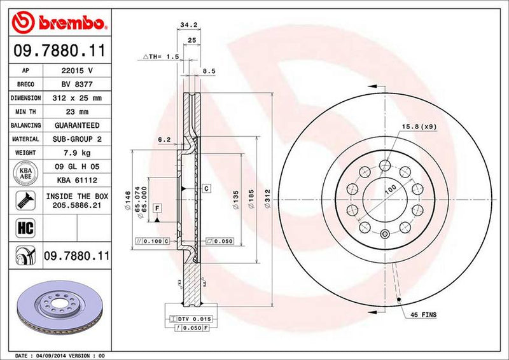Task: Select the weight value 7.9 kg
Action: click(x=77, y=153)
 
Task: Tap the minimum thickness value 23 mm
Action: click(x=77, y=112)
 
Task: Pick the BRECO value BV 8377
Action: click(x=77, y=85)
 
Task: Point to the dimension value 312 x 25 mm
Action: click(x=77, y=99)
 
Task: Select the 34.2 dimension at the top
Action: click(x=186, y=26)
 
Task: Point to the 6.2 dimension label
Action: click(x=164, y=139)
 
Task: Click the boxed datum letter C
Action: click(x=207, y=189)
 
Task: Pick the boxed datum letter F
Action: click(x=156, y=208)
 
